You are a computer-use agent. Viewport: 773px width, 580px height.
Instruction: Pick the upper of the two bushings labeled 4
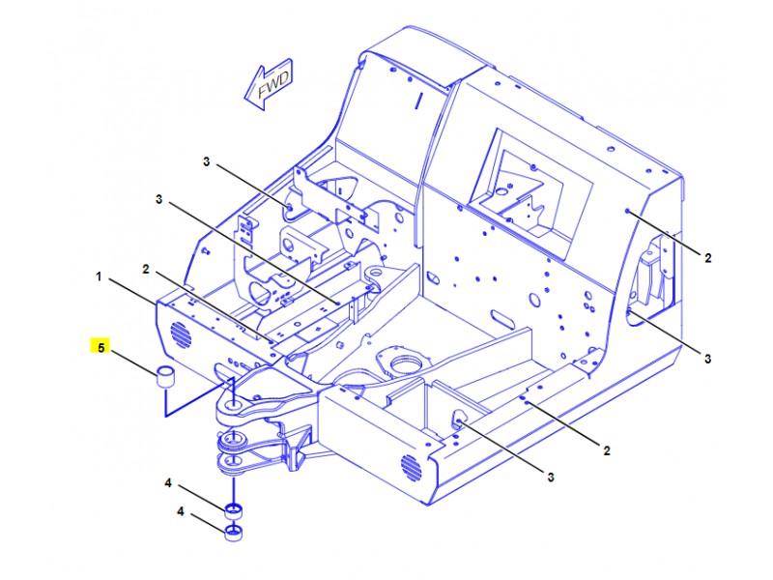(233, 510)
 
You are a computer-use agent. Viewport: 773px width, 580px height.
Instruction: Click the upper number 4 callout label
(167, 482)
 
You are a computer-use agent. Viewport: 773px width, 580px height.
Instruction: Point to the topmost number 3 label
(206, 160)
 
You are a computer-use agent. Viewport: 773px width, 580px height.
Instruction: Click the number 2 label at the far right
(707, 258)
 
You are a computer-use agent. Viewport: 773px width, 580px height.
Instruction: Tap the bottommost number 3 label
(551, 476)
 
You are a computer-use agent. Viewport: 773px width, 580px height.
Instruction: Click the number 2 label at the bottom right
(606, 449)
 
